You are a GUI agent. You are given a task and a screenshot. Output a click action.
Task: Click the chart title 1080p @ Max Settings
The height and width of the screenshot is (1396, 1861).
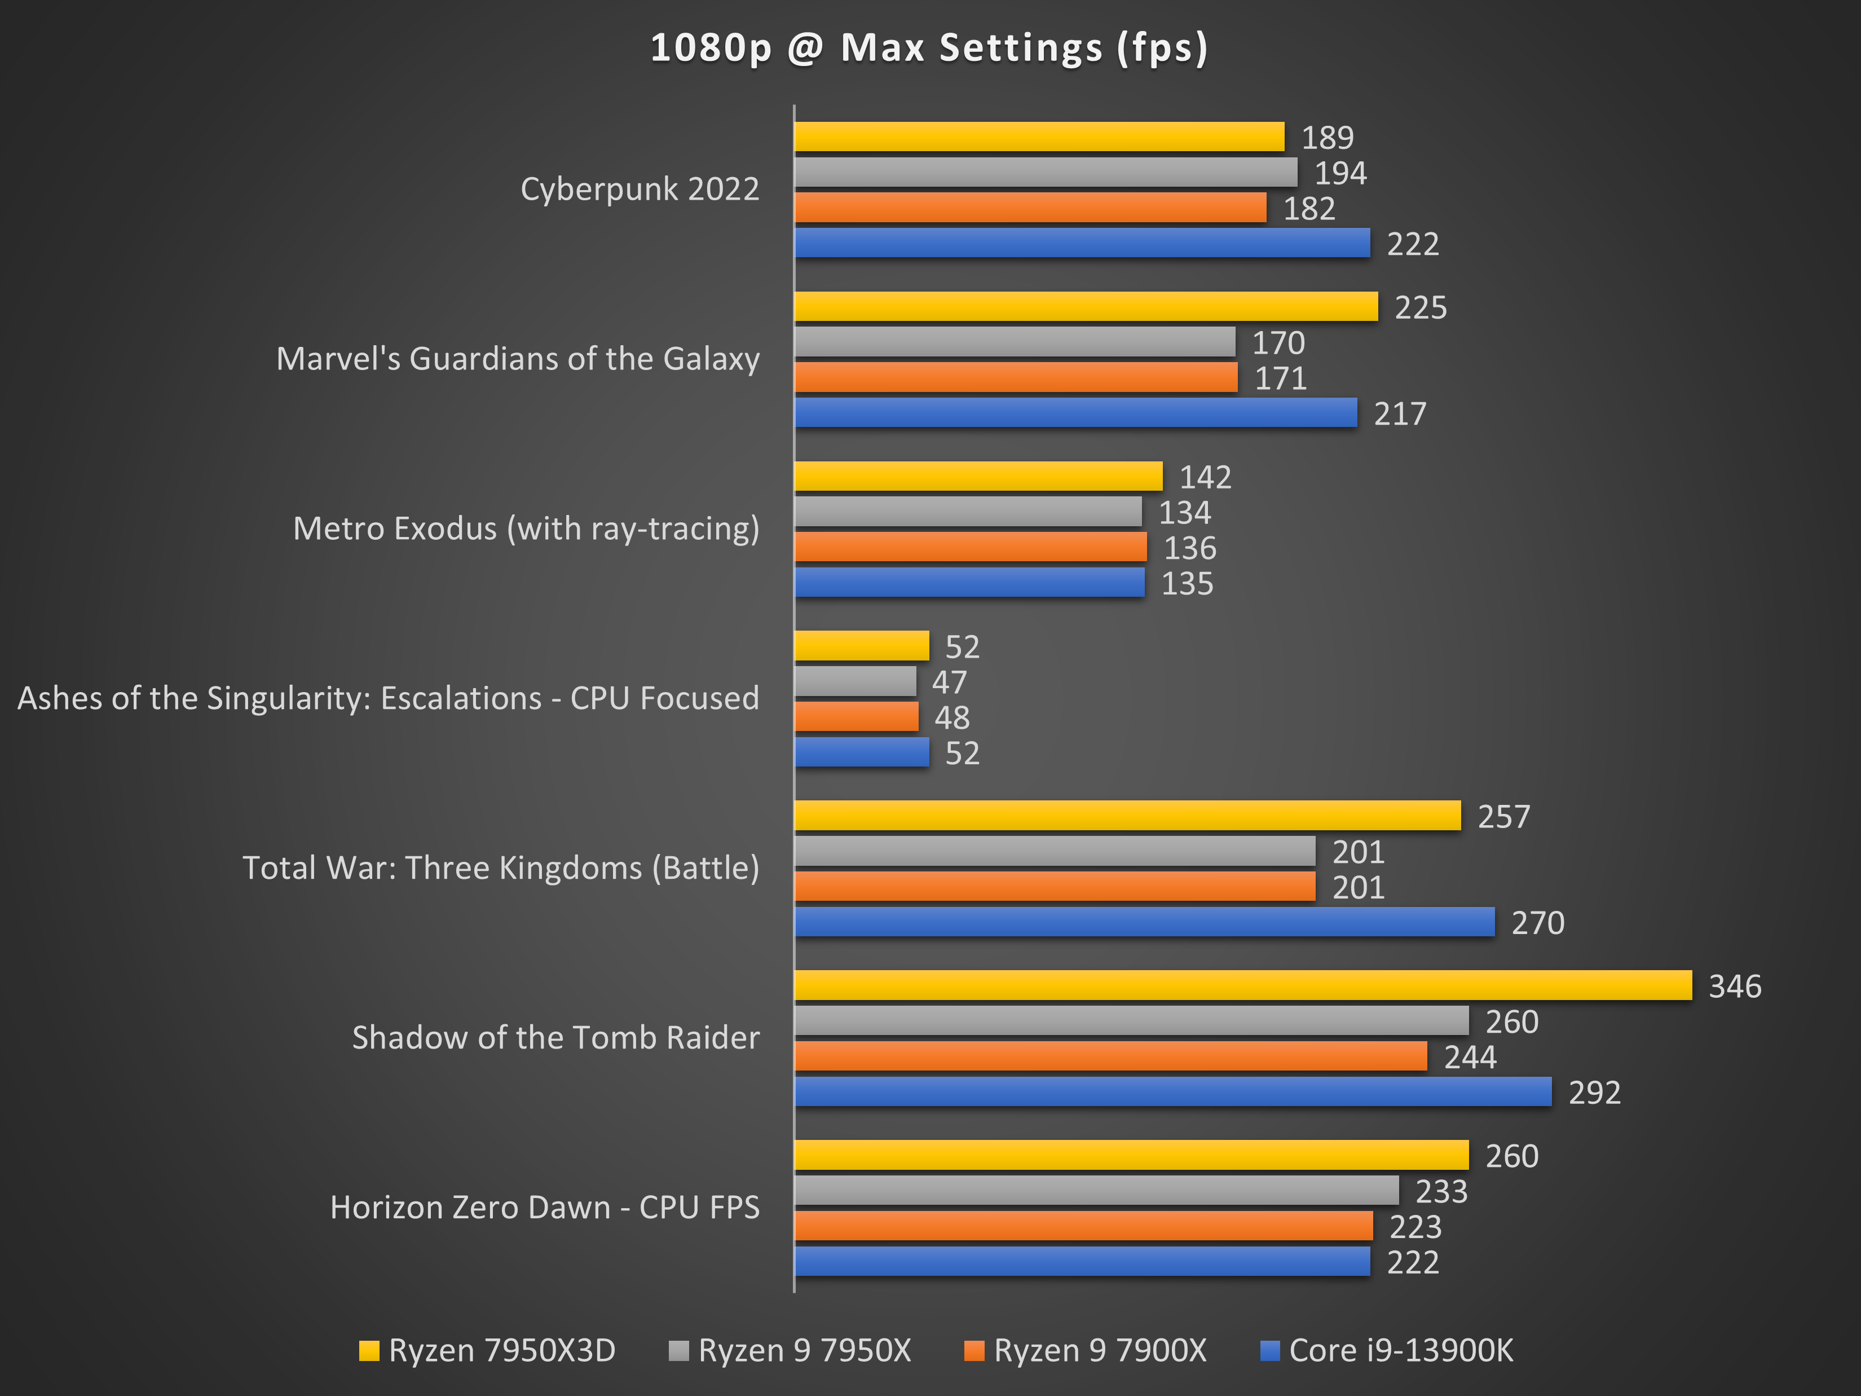point(929,47)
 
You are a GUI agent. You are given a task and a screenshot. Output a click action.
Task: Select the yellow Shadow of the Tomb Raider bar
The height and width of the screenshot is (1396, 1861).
point(1242,985)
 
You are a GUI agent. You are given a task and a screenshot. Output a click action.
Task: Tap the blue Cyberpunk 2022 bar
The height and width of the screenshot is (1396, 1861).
point(1082,243)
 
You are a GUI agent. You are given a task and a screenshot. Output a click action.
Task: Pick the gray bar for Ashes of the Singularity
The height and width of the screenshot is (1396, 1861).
point(855,681)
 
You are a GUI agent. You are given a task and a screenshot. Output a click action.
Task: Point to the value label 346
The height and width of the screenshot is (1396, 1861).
point(1734,986)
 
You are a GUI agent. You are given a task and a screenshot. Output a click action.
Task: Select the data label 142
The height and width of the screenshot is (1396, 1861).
point(1205,477)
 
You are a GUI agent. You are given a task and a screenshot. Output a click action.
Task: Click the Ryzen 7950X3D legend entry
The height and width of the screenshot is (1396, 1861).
point(487,1350)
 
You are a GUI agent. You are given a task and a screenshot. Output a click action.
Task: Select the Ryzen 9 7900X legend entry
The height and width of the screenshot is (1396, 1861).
point(1086,1350)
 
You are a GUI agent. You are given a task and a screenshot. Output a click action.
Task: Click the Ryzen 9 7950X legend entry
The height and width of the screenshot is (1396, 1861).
point(790,1350)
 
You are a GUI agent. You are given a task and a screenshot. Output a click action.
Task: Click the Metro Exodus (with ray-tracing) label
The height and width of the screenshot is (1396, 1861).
point(526,529)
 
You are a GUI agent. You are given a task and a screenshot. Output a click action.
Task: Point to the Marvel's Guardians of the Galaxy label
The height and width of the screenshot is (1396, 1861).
point(517,359)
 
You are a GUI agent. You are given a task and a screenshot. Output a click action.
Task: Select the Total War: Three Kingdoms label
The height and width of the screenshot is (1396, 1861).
point(501,867)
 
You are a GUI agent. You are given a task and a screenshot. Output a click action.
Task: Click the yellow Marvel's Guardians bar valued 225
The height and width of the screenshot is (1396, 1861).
point(1086,306)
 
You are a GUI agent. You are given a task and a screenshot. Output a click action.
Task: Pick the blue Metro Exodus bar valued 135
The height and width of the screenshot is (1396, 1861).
point(969,582)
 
